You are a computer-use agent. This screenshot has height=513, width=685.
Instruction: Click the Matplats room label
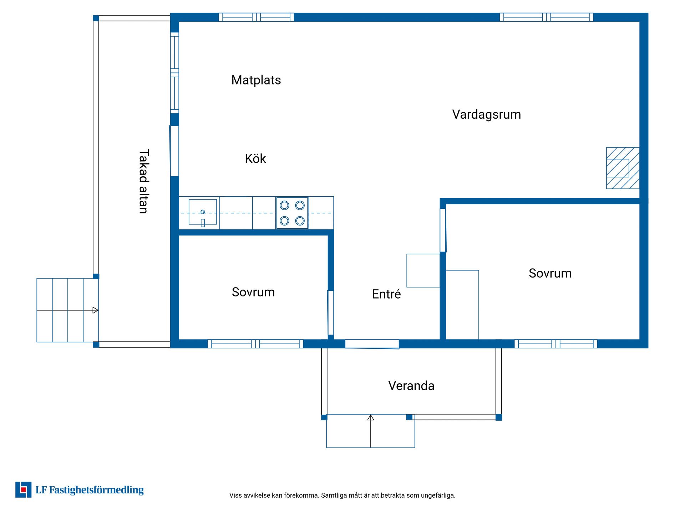pyautogui.click(x=256, y=80)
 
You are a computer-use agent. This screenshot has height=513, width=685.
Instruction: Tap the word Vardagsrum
pyautogui.click(x=486, y=114)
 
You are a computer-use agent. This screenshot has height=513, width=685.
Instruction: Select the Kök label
pyautogui.click(x=255, y=159)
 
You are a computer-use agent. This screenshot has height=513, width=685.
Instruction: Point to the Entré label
pyautogui.click(x=386, y=294)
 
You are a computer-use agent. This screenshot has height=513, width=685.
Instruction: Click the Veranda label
pyautogui.click(x=411, y=386)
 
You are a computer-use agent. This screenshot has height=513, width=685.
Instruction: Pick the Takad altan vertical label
pyautogui.click(x=143, y=181)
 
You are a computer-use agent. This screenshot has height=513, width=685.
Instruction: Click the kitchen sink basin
pyautogui.click(x=203, y=212)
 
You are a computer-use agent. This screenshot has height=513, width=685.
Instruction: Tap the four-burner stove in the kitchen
pyautogui.click(x=292, y=213)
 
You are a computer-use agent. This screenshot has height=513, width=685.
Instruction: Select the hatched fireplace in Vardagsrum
pyautogui.click(x=623, y=168)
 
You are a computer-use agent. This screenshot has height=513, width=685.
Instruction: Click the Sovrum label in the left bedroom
pyautogui.click(x=253, y=292)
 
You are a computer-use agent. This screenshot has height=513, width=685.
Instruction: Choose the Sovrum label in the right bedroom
pyautogui.click(x=550, y=273)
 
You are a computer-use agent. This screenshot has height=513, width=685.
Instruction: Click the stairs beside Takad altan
pyautogui.click(x=68, y=310)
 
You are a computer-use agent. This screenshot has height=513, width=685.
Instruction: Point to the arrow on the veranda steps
pyautogui.click(x=371, y=431)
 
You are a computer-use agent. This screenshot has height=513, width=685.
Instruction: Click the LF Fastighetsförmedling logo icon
pyautogui.click(x=23, y=489)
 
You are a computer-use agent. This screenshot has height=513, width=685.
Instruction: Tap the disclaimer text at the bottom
pyautogui.click(x=342, y=495)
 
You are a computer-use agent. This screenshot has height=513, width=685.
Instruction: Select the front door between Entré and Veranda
pyautogui.click(x=372, y=344)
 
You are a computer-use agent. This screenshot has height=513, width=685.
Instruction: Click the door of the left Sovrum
pyautogui.click(x=331, y=313)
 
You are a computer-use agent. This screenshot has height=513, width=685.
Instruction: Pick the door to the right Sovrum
pyautogui.click(x=443, y=230)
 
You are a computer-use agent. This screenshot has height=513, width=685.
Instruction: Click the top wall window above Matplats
pyautogui.click(x=256, y=17)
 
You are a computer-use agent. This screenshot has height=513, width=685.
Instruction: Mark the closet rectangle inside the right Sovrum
pyautogui.click(x=462, y=305)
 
